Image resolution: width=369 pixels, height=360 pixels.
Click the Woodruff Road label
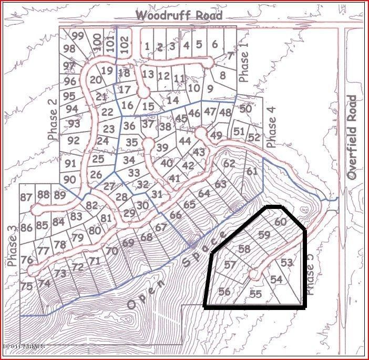[x=179, y=15]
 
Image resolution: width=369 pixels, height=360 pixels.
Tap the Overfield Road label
[x=352, y=138]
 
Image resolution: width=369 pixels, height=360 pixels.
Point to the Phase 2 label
[x=52, y=120]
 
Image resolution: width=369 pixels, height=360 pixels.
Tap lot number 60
[x=281, y=222]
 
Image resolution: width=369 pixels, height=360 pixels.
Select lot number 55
[x=256, y=294]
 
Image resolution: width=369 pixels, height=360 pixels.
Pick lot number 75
[x=26, y=286]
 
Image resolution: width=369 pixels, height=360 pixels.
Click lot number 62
[x=229, y=164]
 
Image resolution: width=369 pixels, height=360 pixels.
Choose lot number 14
[x=173, y=99]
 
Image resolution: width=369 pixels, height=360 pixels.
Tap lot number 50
[x=245, y=109]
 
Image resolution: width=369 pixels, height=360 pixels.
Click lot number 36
[x=129, y=126]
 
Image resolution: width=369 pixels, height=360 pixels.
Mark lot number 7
[x=230, y=56]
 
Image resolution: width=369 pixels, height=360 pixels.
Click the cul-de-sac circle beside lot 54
[x=254, y=274]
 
